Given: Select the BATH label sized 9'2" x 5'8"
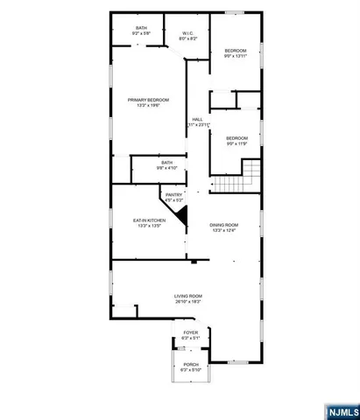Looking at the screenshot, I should pyautogui.click(x=141, y=28).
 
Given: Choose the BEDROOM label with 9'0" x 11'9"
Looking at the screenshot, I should pyautogui.click(x=236, y=137).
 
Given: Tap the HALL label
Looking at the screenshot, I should pyautogui.click(x=198, y=119).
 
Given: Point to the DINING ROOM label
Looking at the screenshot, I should pyautogui.click(x=224, y=225).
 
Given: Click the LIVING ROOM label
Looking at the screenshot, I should pyautogui.click(x=187, y=297).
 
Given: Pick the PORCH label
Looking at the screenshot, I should pyautogui.click(x=191, y=364).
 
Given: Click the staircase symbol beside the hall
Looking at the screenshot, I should pyautogui.click(x=237, y=178).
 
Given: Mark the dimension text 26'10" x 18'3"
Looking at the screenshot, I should pyautogui.click(x=187, y=302).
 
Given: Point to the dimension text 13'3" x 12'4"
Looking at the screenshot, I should pyautogui.click(x=224, y=230).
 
